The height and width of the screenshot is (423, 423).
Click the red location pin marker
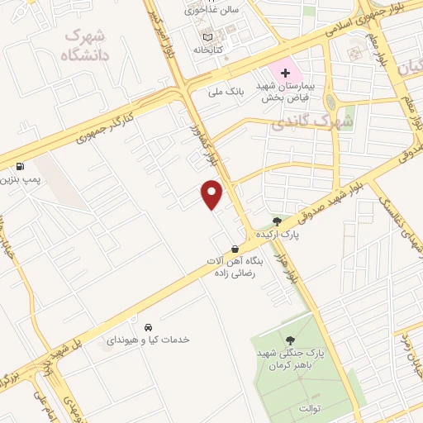point(212,193)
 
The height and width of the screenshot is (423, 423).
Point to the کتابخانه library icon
point(207,36)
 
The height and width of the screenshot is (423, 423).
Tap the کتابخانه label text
point(208,50)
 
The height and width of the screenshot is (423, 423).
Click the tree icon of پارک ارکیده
point(277,221)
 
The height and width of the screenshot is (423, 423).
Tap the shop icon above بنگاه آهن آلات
point(235,248)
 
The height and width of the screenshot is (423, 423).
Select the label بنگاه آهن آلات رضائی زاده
point(238,266)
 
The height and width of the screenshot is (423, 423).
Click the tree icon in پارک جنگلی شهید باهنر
point(290,339)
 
